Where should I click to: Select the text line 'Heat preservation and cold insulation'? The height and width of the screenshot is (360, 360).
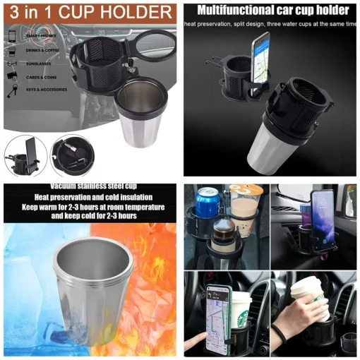[x=88, y=197]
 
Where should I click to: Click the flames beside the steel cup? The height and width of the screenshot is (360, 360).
[x=157, y=275]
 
